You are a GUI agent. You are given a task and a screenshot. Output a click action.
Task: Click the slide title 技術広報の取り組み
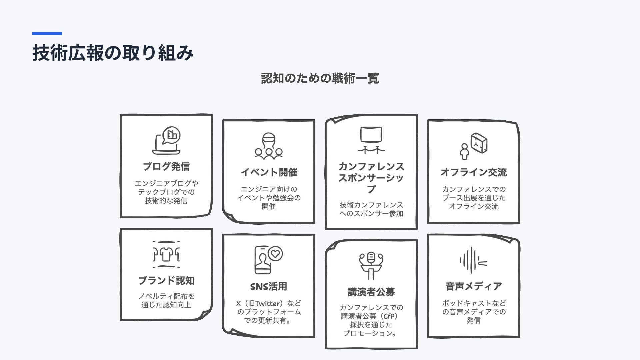coord(113,53)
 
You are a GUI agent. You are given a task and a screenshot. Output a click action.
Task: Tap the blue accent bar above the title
coord(47,33)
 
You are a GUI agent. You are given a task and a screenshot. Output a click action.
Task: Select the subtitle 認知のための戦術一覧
coord(320,78)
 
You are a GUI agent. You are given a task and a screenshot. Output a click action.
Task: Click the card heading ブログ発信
coord(166,166)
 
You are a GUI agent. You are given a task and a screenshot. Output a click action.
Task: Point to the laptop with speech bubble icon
coord(166,140)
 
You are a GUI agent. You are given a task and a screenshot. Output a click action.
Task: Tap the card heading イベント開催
coord(269,172)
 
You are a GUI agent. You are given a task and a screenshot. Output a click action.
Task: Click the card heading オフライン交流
coord(473,172)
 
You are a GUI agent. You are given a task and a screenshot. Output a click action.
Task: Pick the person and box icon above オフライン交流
coord(473,146)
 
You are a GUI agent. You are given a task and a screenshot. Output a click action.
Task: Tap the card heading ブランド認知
coord(166,281)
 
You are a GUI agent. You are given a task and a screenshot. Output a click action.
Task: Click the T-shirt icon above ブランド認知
coord(166,254)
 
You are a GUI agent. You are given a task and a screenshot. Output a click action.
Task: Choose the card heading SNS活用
coord(269,286)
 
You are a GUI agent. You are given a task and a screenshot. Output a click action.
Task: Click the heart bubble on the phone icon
coord(275,254)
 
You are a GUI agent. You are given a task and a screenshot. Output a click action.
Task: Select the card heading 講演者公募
coord(371,292)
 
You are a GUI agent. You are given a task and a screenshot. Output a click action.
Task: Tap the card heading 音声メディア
coord(473,286)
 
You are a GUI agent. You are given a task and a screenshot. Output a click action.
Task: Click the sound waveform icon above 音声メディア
coord(473,260)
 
